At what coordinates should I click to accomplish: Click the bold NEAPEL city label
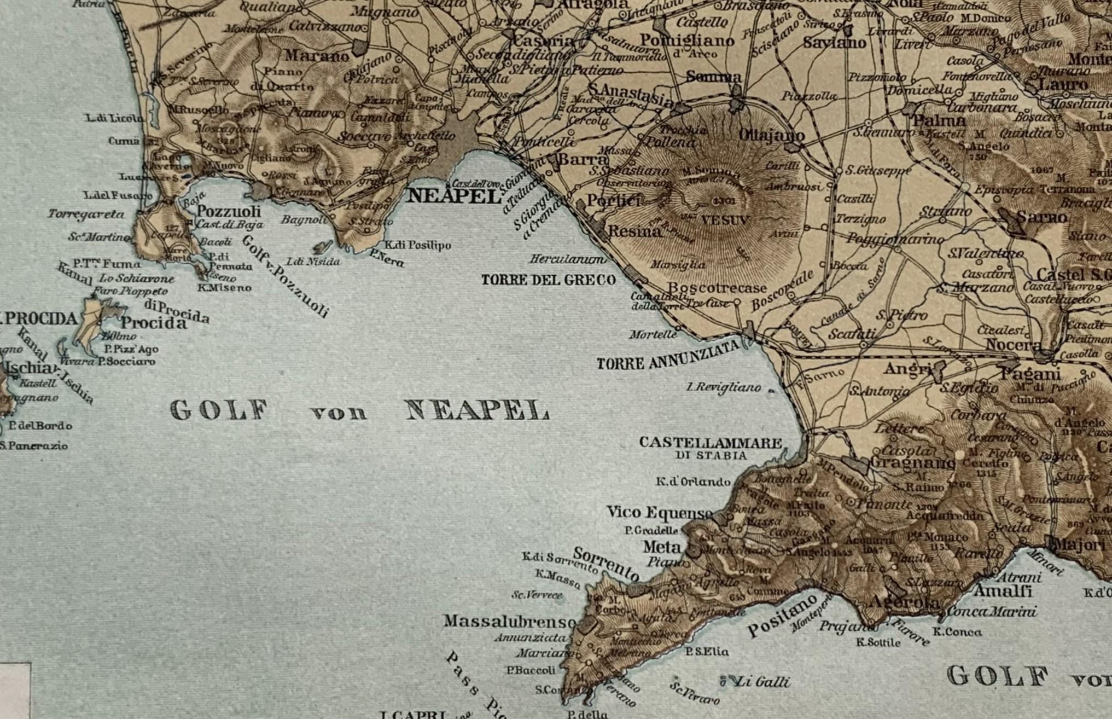pos(454,196)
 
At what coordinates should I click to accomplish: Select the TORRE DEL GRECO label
pos(548,280)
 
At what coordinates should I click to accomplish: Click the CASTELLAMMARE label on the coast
pos(711,443)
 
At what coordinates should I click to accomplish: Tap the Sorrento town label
pos(606,564)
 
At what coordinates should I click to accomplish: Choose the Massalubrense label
pos(510,622)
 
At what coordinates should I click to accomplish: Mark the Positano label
pos(782,616)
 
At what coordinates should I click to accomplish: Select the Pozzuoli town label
pos(229,211)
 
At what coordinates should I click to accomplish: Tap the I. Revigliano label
pos(724,387)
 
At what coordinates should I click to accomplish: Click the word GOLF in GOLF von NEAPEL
pos(219,410)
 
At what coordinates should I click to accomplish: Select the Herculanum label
pos(568,259)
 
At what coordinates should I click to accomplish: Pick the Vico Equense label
pos(660,513)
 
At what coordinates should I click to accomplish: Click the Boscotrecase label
pos(717,288)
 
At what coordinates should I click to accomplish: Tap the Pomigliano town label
pos(686,40)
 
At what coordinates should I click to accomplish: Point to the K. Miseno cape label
pos(224,287)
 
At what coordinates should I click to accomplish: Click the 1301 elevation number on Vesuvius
pos(725,201)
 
